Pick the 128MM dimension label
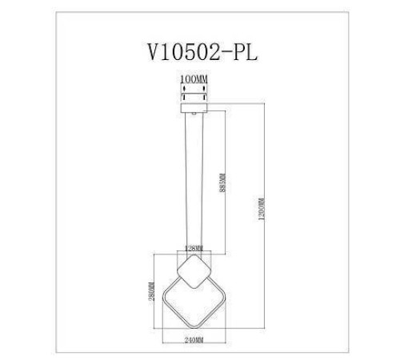(x=194, y=249)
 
